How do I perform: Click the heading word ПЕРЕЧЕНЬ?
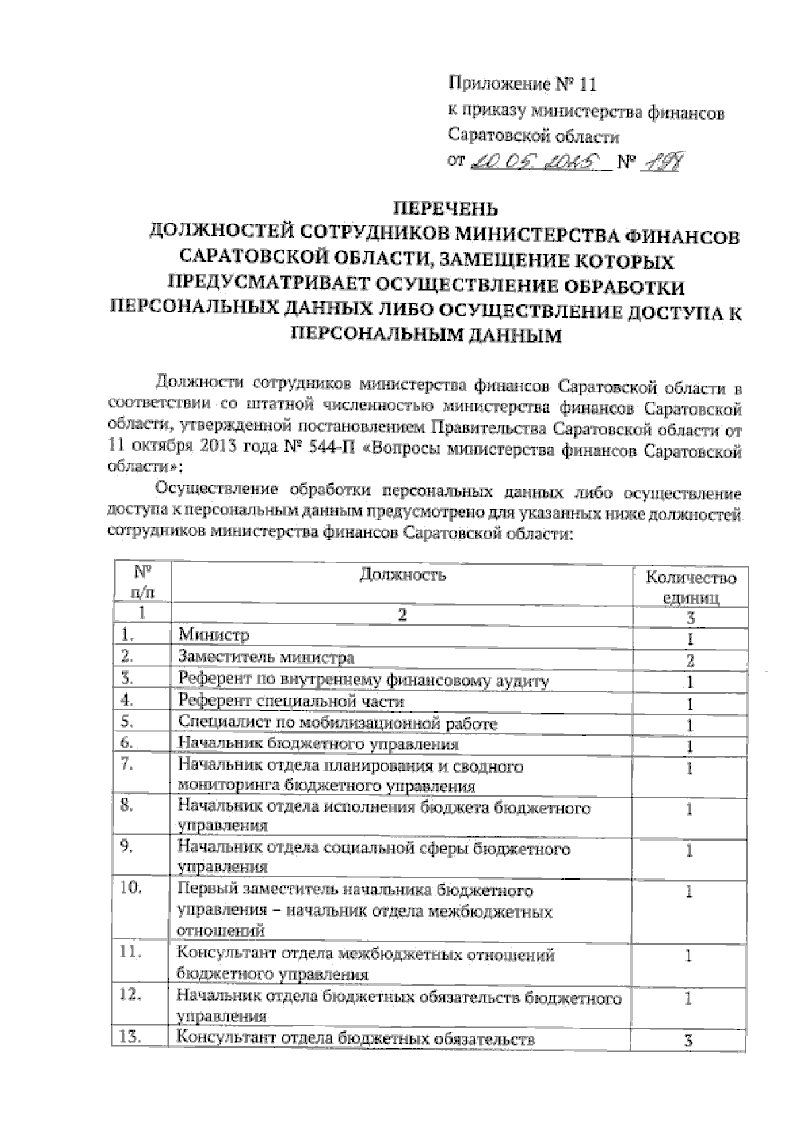pyautogui.click(x=443, y=207)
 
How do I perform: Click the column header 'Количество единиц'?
pyautogui.click(x=691, y=587)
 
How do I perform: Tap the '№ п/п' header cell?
pyautogui.click(x=141, y=582)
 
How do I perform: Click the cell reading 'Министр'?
pyautogui.click(x=214, y=635)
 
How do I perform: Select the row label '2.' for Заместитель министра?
pyautogui.click(x=128, y=655)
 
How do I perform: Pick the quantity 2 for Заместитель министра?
pyautogui.click(x=690, y=660)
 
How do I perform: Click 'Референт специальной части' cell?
pyautogui.click(x=291, y=701)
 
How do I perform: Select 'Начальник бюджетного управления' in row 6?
pyautogui.click(x=318, y=744)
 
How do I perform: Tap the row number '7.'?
pyautogui.click(x=128, y=764)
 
